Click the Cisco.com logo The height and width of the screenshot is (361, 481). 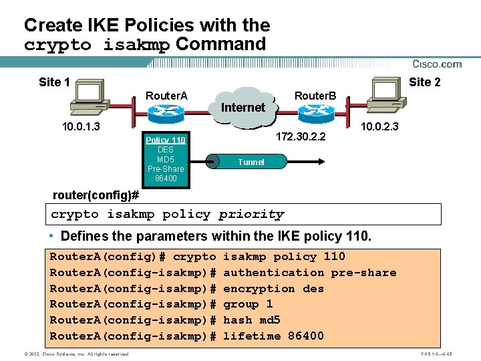click(x=437, y=64)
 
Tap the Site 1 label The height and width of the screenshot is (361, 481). click(x=54, y=82)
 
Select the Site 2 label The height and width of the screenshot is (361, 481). click(x=424, y=82)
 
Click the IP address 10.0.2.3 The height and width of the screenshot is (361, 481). click(x=379, y=126)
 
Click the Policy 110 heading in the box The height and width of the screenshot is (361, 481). click(x=165, y=140)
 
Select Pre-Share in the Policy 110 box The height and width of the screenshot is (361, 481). click(x=165, y=168)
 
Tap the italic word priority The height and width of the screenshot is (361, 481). click(x=251, y=215)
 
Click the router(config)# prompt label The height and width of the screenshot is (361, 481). click(x=96, y=195)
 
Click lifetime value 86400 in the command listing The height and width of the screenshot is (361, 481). click(x=305, y=336)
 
